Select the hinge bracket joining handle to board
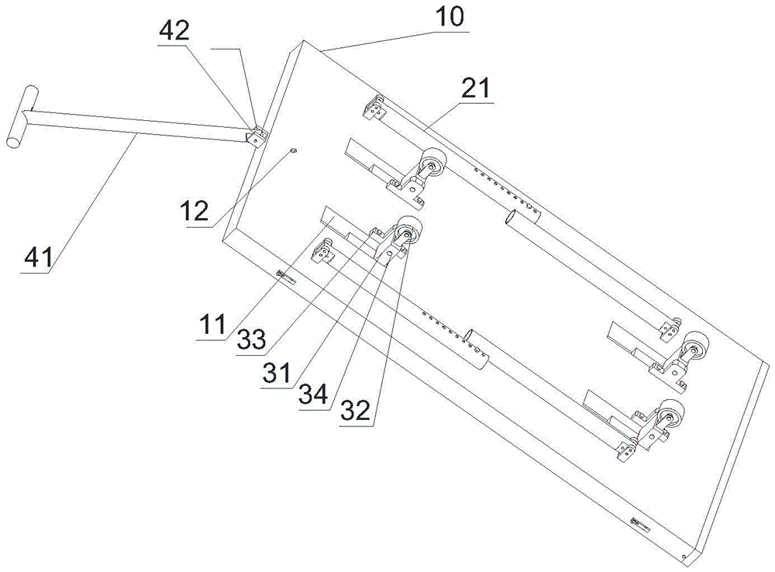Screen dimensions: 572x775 point(255,135)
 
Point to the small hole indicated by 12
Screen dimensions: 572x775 point(294,150)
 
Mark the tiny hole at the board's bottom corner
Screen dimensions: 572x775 point(683,556)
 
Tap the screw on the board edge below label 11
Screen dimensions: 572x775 point(284,276)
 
